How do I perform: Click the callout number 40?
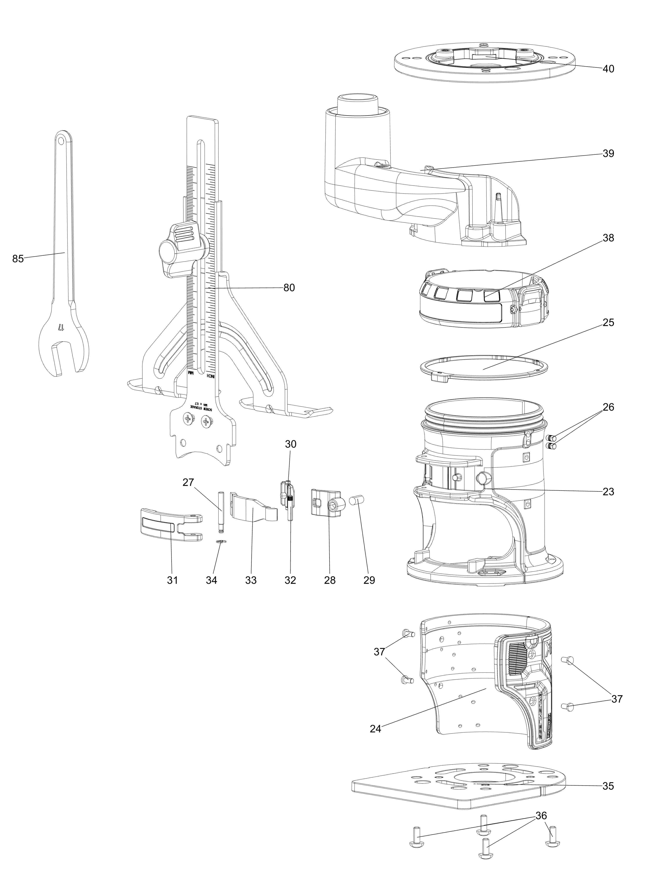[x=608, y=69]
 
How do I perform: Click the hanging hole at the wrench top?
[x=61, y=139]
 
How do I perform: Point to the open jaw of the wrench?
[x=60, y=357]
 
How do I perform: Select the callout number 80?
[x=289, y=288]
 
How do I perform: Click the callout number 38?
[x=608, y=238]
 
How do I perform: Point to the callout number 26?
[x=608, y=407]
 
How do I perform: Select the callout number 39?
[x=608, y=153]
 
